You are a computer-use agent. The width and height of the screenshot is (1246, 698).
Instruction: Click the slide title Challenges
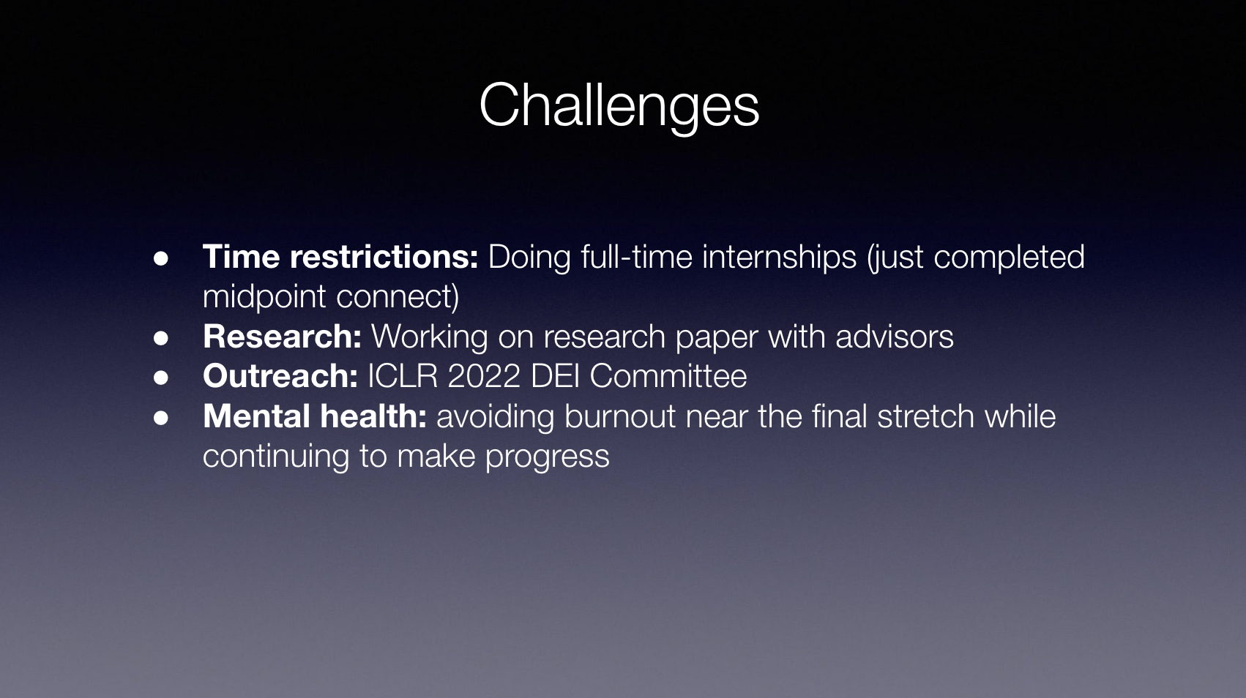pos(619,106)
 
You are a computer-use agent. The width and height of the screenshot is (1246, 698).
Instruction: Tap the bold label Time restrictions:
pos(340,257)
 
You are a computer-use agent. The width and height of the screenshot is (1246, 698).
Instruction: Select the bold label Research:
pos(282,337)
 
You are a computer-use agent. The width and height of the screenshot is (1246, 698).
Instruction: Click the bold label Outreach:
pos(280,376)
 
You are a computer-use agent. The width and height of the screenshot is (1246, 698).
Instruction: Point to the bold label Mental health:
pos(315,416)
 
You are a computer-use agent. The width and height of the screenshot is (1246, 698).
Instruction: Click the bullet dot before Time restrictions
pos(161,258)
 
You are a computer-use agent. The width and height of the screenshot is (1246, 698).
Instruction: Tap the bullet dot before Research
pos(161,338)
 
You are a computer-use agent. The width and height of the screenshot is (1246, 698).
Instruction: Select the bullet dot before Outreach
pos(161,378)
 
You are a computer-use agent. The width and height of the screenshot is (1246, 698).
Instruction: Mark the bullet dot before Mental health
pos(161,418)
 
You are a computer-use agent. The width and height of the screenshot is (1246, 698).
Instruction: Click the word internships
pos(780,258)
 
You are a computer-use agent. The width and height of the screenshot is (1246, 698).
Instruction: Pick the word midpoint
pos(264,297)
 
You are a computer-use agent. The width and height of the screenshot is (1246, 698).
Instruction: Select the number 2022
pos(484,376)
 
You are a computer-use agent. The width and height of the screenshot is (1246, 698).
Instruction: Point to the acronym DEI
pos(555,376)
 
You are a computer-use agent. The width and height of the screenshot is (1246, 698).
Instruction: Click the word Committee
pos(668,376)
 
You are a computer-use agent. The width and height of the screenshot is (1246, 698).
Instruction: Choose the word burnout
pos(620,416)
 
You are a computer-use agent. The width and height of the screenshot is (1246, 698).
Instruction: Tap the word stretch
pos(925,416)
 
